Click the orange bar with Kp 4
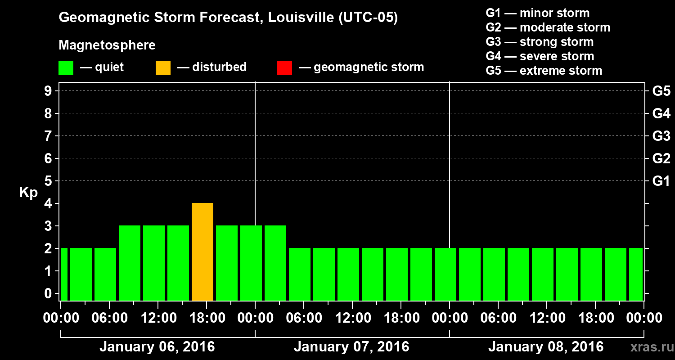[202, 252]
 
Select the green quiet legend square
[66, 67]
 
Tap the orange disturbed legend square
[163, 67]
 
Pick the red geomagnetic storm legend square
[284, 67]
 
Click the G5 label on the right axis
[661, 91]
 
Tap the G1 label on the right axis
[661, 181]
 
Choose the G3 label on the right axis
[661, 136]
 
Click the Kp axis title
[28, 193]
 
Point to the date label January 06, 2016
[157, 347]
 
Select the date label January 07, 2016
[351, 347]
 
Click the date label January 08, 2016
[546, 347]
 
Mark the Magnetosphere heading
[107, 45]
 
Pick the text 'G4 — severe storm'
[540, 56]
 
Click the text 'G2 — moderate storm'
[548, 27]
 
